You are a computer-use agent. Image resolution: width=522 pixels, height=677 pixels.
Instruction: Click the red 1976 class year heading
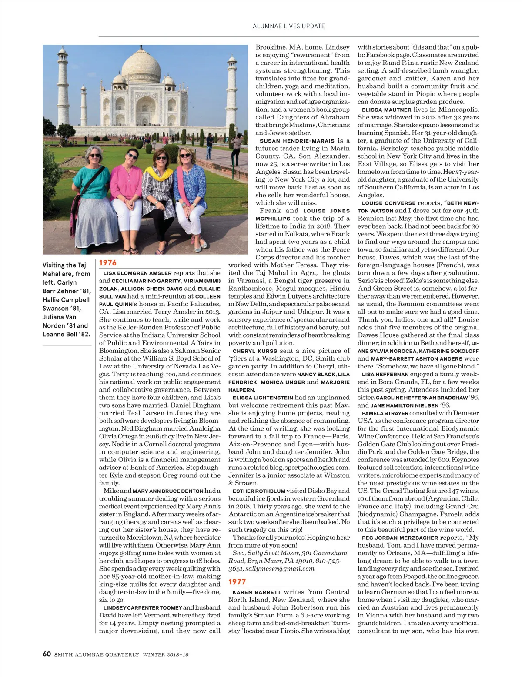tap(108, 262)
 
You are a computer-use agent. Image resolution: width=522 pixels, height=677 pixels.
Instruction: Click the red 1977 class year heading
tap(237, 582)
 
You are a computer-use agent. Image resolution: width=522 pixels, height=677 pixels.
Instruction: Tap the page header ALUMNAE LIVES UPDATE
tap(288, 26)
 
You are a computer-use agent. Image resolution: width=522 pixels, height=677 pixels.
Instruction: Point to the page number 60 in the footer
tap(47, 654)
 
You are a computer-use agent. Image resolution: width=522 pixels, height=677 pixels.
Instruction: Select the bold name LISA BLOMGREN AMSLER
tap(137, 273)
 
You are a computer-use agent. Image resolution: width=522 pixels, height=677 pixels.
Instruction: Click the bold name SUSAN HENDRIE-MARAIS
tap(297, 141)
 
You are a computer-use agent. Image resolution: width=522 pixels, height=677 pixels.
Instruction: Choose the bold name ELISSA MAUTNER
tap(386, 110)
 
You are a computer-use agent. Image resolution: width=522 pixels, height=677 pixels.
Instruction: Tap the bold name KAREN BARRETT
tap(257, 592)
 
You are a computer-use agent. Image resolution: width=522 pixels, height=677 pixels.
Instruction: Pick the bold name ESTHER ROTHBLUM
tap(259, 491)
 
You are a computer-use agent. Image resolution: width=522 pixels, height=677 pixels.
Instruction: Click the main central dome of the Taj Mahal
tap(141, 65)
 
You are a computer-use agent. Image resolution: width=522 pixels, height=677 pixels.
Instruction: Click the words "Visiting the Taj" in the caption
tap(64, 265)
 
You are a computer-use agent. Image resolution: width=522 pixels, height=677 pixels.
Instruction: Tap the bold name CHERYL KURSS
tap(255, 351)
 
